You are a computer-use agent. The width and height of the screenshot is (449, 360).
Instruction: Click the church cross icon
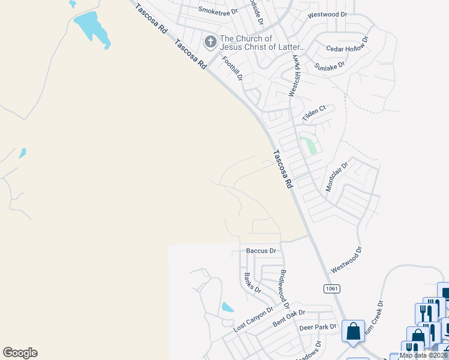(x=210, y=42)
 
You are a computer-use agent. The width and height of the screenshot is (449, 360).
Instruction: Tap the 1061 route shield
(x=332, y=289)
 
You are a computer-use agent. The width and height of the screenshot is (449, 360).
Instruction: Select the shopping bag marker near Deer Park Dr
(x=353, y=331)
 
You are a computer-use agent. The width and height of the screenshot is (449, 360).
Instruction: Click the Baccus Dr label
(x=261, y=251)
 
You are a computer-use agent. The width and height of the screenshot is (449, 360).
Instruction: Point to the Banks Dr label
(x=252, y=282)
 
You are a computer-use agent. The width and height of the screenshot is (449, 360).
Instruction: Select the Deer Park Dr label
(x=314, y=328)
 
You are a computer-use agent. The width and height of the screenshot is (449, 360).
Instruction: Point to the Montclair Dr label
(x=336, y=177)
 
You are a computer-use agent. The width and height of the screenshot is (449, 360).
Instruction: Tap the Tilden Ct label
(x=313, y=112)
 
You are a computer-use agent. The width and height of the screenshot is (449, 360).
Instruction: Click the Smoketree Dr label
(x=218, y=11)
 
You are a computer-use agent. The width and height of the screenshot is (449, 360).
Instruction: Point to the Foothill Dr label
(x=232, y=68)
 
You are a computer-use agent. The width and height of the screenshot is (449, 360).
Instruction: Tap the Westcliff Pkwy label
(x=294, y=74)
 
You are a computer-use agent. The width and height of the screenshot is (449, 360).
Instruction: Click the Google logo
(x=20, y=353)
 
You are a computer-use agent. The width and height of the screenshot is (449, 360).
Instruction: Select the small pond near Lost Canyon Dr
(x=228, y=308)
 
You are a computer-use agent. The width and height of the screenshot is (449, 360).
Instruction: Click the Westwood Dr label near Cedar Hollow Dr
(x=327, y=14)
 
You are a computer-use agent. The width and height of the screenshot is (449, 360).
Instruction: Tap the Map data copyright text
(x=423, y=355)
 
